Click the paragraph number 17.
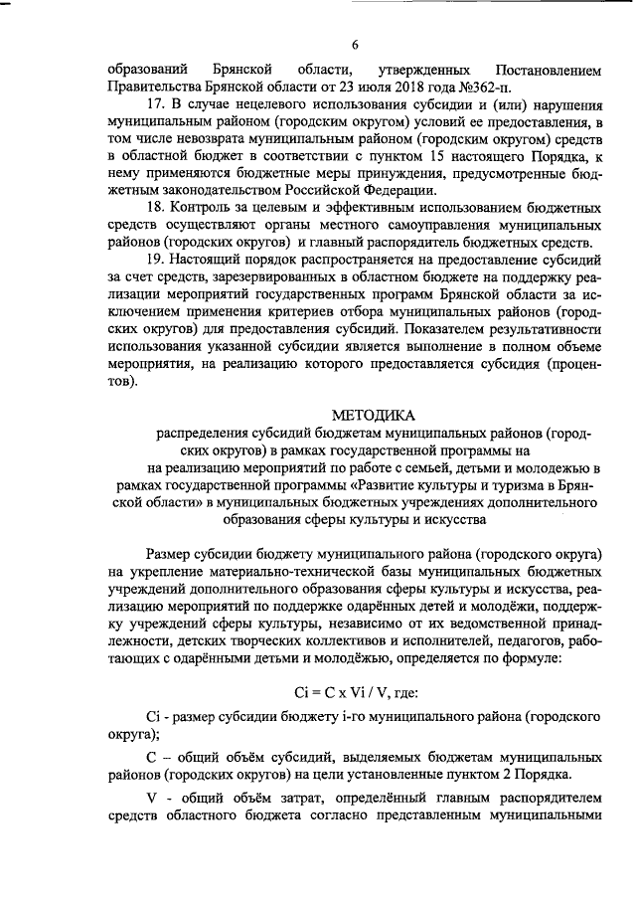pyautogui.click(x=153, y=103)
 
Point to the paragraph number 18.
pyautogui.click(x=153, y=207)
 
